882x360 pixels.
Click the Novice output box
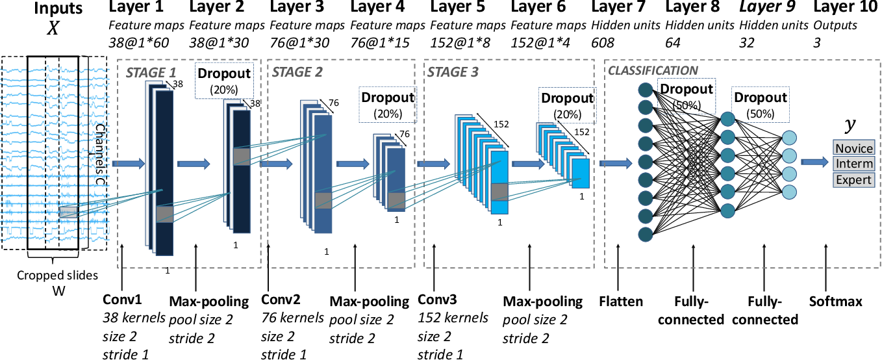pyautogui.click(x=854, y=148)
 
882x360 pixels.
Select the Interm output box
pyautogui.click(x=854, y=163)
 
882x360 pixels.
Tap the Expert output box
pyautogui.click(x=854, y=179)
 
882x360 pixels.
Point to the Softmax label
pyautogui.click(x=836, y=302)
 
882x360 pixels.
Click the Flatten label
pyautogui.click(x=621, y=302)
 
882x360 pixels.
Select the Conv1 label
pyautogui.click(x=123, y=300)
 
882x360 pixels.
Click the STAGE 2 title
pyautogui.click(x=297, y=71)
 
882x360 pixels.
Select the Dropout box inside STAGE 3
pyautogui.click(x=567, y=105)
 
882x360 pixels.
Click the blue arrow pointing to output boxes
pyautogui.click(x=814, y=162)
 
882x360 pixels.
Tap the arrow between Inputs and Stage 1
pyautogui.click(x=125, y=164)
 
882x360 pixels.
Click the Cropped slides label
pyautogui.click(x=57, y=276)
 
